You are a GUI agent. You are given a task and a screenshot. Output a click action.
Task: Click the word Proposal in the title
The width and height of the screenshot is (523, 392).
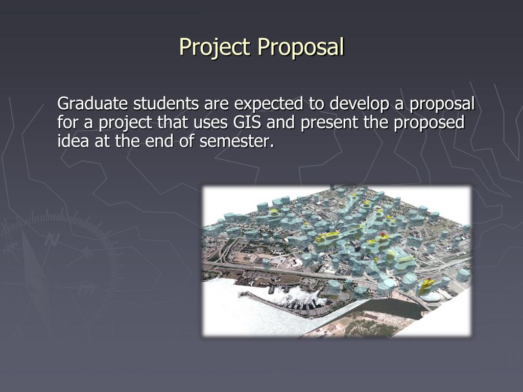click(301, 47)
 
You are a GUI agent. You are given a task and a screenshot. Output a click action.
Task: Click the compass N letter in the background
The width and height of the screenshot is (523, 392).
click(51, 239)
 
